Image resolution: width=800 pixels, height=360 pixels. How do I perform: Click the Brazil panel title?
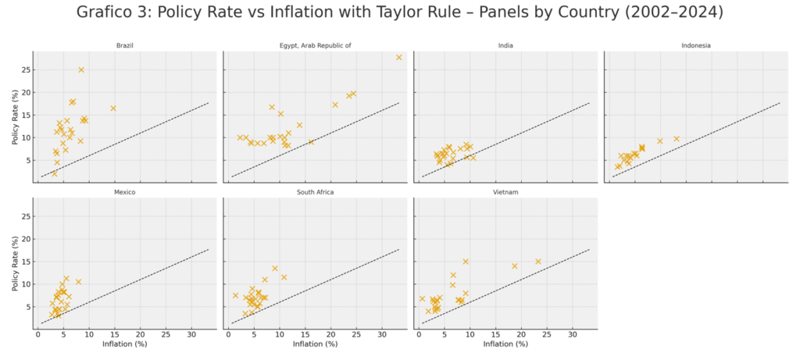point(124,45)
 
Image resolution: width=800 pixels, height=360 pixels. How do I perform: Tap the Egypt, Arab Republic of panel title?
point(314,45)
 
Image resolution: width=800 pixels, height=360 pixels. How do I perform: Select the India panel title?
point(505,45)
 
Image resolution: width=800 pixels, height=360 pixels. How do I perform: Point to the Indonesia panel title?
point(695,45)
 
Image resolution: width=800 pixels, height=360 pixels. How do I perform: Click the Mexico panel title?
point(124,191)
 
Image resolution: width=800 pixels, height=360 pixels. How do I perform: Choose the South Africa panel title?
point(314,191)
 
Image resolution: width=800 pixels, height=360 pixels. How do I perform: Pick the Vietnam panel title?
point(505,191)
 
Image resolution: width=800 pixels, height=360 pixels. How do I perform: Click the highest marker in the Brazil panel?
point(80,70)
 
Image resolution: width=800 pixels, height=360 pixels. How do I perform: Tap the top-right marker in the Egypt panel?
point(398,57)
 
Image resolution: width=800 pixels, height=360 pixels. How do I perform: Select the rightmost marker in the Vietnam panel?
point(538,262)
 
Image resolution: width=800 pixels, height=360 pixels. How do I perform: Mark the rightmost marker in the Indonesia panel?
point(677,138)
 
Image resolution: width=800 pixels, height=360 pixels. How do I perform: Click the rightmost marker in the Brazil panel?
point(113,108)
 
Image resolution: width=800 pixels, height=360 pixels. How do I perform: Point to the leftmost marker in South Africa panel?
point(235,295)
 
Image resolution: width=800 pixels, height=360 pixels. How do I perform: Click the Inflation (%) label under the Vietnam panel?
point(505,344)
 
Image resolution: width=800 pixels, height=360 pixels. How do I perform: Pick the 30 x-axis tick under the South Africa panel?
point(381,335)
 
